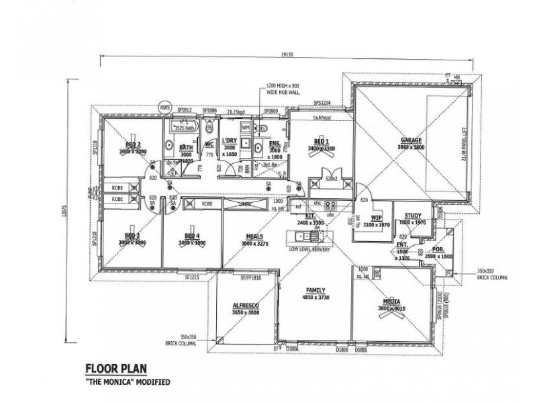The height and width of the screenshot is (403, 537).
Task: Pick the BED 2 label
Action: coord(132,144)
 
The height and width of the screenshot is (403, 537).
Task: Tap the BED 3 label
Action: coord(132,236)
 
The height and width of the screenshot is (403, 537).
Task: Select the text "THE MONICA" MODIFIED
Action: coord(128,382)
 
